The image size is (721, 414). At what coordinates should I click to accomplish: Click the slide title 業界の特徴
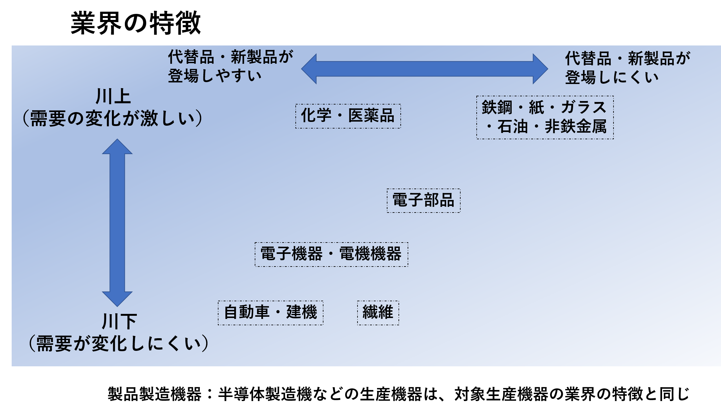click(x=136, y=23)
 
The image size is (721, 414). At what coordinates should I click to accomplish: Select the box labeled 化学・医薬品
click(x=348, y=116)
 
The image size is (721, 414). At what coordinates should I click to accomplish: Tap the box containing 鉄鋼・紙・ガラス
click(x=545, y=117)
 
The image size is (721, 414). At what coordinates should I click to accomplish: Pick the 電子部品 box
click(x=423, y=201)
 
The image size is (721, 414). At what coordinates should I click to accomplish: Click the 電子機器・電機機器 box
click(x=331, y=254)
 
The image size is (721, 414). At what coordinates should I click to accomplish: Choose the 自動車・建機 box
click(x=270, y=313)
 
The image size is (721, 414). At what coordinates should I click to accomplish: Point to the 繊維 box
click(x=378, y=313)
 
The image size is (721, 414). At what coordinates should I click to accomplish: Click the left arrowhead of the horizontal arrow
click(x=309, y=69)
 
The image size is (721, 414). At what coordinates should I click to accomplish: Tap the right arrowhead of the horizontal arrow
click(x=540, y=69)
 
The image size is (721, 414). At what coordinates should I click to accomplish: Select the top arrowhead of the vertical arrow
click(x=117, y=147)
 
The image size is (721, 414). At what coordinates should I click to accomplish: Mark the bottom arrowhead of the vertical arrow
click(x=117, y=299)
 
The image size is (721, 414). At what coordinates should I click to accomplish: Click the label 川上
click(x=113, y=96)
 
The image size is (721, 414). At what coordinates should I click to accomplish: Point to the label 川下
click(x=119, y=321)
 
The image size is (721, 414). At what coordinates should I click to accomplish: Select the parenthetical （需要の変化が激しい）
click(x=113, y=118)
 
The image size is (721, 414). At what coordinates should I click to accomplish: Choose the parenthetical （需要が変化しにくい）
click(x=119, y=343)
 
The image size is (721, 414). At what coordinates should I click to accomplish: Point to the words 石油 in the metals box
click(x=513, y=127)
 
